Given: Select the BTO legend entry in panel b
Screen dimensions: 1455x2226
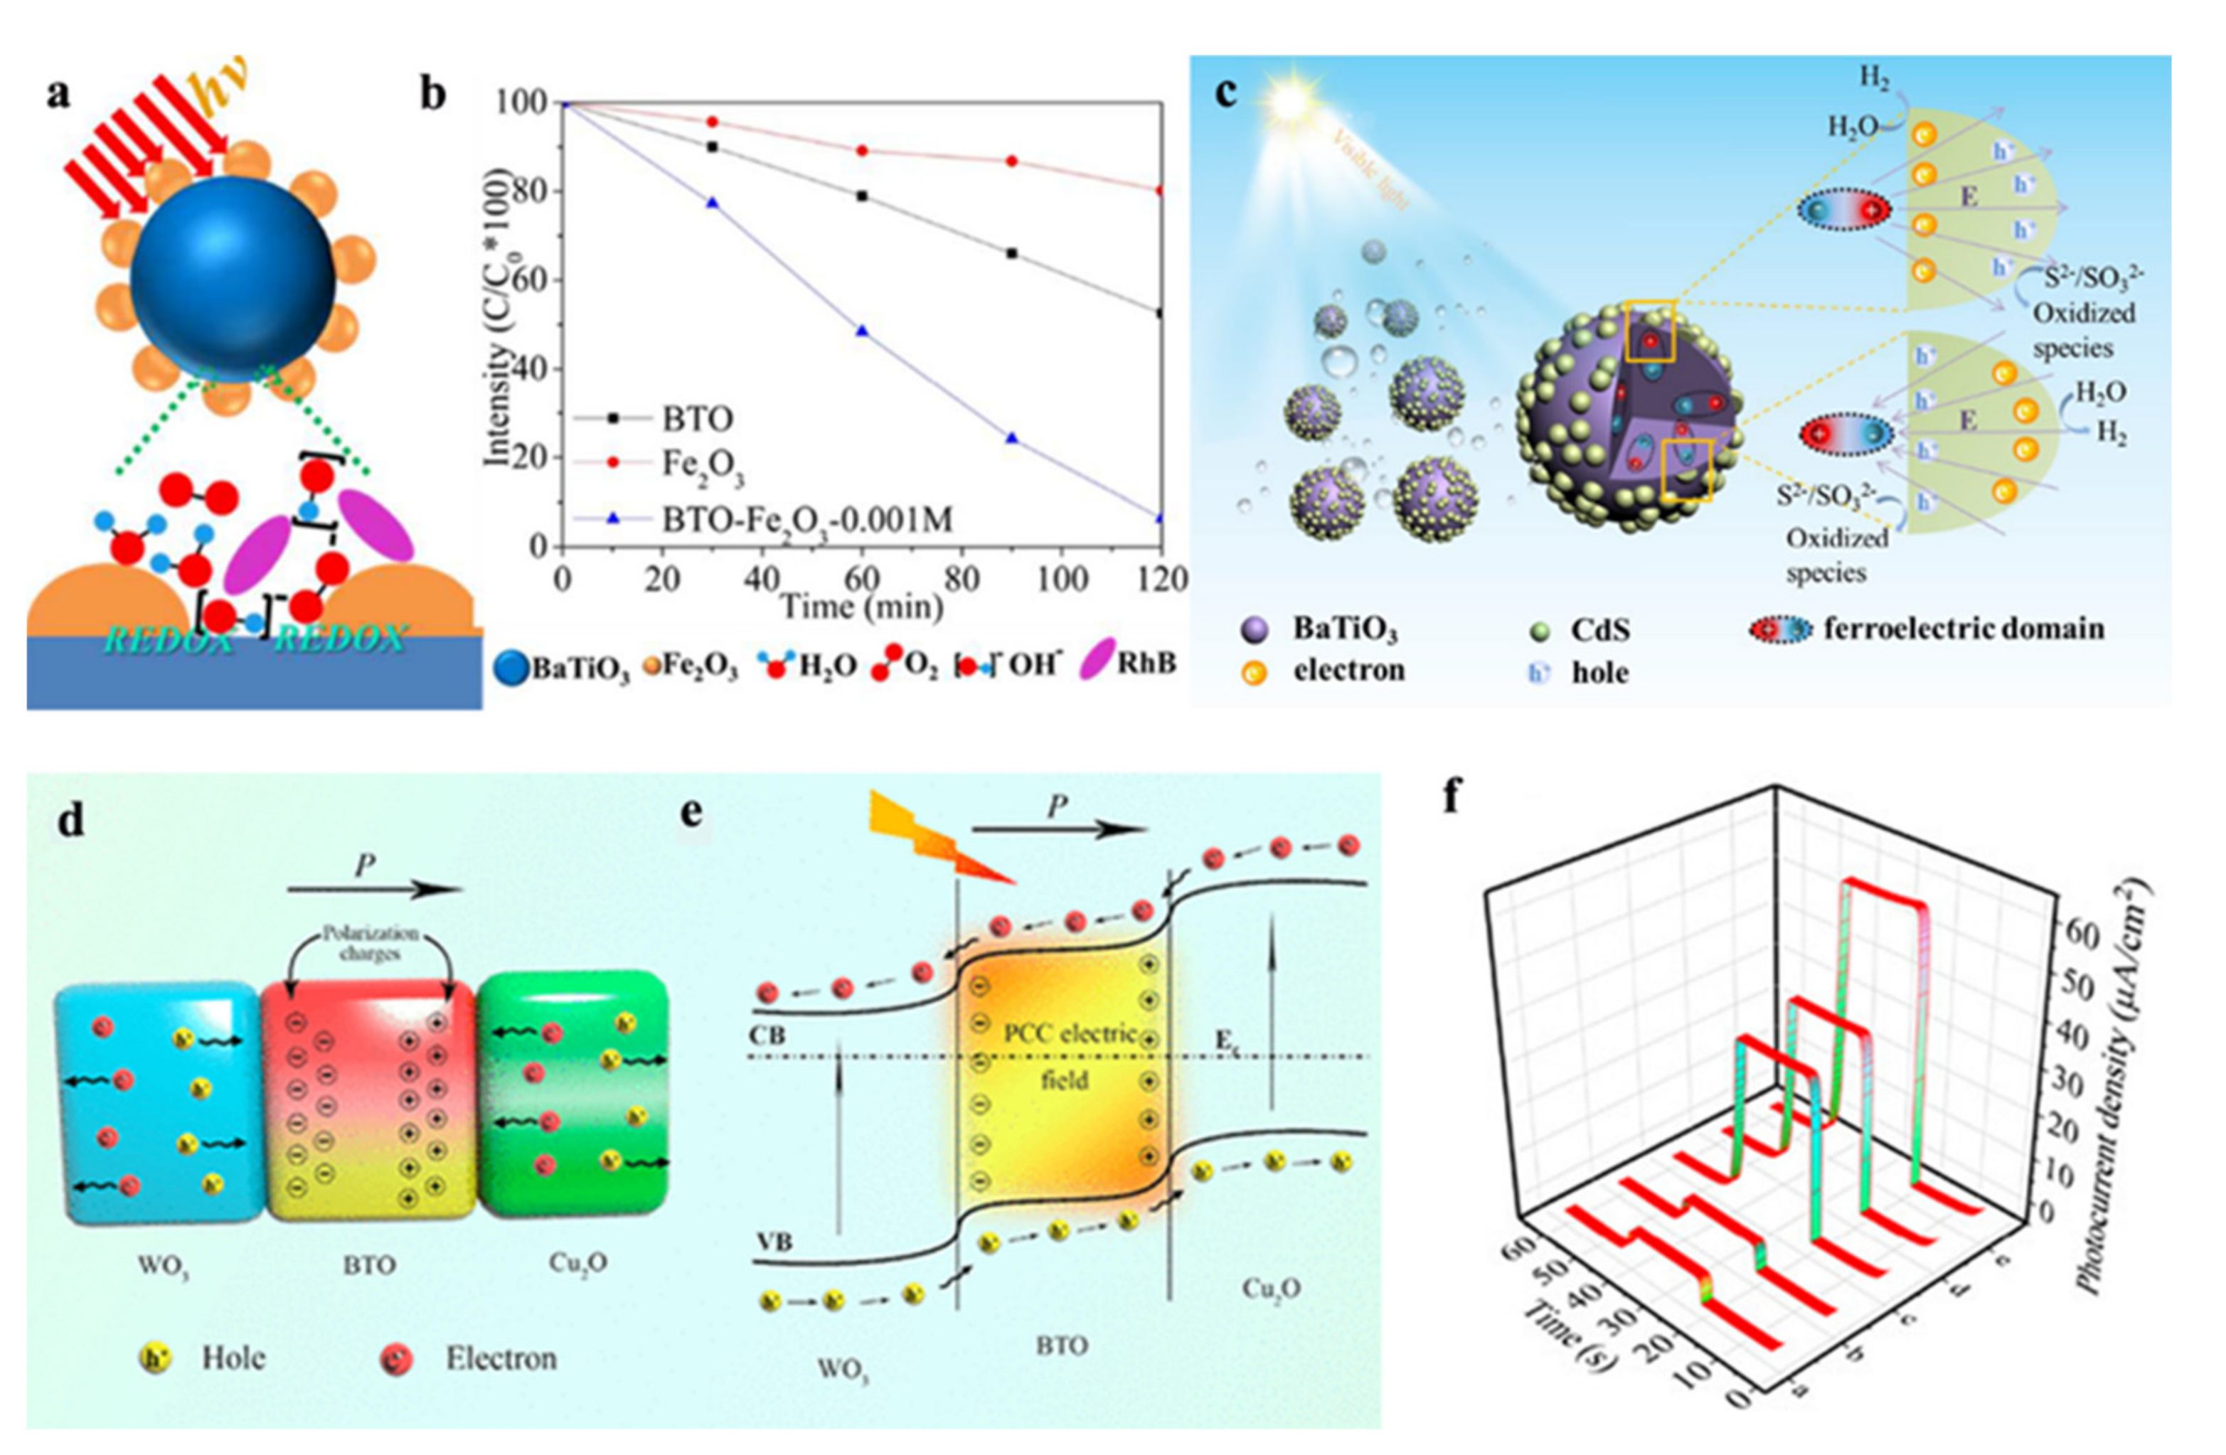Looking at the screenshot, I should point(698,418).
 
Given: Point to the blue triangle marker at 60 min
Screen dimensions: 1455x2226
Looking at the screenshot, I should point(863,331).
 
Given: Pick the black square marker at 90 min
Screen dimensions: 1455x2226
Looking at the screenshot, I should point(1011,253).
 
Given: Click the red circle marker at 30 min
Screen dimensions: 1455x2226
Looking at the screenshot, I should point(712,122).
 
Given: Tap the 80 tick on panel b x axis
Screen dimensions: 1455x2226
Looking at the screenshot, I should point(961,580).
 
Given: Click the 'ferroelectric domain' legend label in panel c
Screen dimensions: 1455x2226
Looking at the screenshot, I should point(1964,629).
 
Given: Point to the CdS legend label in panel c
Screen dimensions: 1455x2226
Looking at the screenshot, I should point(1600,630).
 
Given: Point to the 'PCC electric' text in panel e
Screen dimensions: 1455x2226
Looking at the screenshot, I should point(1070,1034).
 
